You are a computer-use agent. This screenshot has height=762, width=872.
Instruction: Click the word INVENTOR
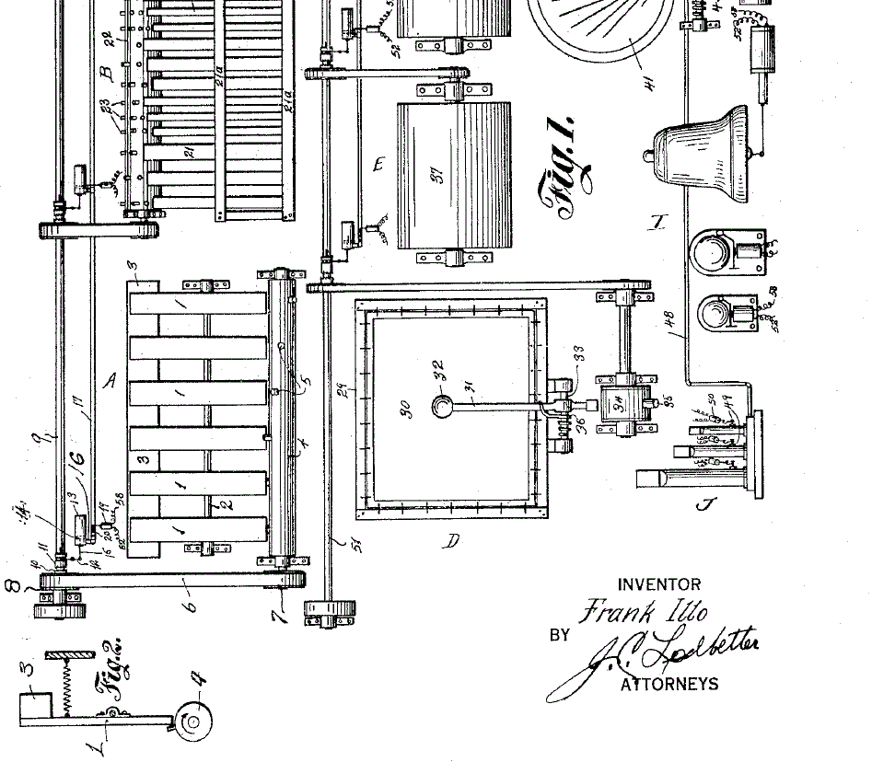pos(658,584)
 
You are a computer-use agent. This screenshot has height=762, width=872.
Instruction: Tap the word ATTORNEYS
pos(669,684)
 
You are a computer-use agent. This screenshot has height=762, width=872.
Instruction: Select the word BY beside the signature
pos(559,635)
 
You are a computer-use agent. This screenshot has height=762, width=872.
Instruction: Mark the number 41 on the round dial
pos(648,85)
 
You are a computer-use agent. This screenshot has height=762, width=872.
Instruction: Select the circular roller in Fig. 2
pos(193,722)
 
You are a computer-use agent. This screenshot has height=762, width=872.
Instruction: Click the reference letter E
pos(377,166)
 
